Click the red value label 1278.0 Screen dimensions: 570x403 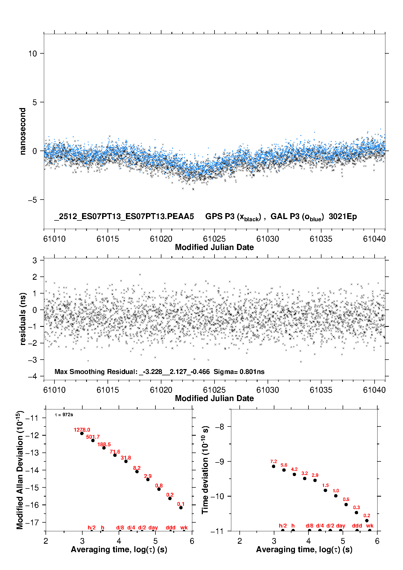click(82, 430)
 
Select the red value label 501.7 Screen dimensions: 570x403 click(93, 437)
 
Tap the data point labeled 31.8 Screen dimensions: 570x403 click(126, 461)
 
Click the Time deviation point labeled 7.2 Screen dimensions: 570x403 click(274, 466)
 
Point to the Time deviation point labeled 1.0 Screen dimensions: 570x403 click(336, 496)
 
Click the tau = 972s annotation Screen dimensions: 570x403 click(64, 415)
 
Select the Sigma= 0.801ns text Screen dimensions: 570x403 click(239, 372)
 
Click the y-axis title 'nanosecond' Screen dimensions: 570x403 click(22, 131)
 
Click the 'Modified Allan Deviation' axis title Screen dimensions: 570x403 click(20, 470)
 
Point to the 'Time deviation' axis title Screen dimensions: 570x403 click(205, 470)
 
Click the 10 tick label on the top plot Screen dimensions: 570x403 click(32, 53)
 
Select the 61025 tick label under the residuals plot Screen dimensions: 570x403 click(214, 390)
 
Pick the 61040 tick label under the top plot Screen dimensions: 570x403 click(374, 239)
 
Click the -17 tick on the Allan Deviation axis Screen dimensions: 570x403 click(32, 522)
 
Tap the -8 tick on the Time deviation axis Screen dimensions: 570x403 click(219, 427)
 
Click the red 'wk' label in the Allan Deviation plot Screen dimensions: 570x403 click(184, 527)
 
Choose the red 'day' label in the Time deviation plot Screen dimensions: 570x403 click(340, 526)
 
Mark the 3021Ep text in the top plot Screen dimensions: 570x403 click(343, 216)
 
